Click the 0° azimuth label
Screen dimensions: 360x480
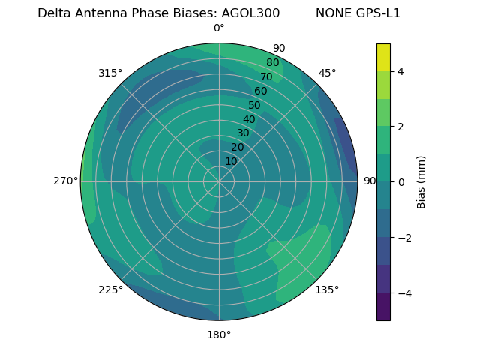click(x=219, y=28)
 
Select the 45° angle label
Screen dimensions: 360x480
click(x=328, y=73)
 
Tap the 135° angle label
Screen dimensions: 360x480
click(x=327, y=289)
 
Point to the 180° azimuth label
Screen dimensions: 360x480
click(x=219, y=334)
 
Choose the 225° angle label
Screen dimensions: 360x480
click(x=110, y=289)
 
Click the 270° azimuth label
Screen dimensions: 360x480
click(x=65, y=181)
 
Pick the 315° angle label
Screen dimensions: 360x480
click(x=110, y=73)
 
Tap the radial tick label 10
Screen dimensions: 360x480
click(x=231, y=161)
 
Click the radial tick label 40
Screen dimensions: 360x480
click(x=249, y=119)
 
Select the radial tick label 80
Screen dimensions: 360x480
click(x=272, y=63)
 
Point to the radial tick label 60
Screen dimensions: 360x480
click(x=260, y=91)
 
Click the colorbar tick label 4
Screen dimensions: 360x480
click(x=400, y=71)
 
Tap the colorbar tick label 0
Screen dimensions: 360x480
click(x=400, y=182)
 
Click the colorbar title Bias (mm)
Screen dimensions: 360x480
click(x=421, y=182)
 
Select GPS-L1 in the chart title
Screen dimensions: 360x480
click(x=378, y=13)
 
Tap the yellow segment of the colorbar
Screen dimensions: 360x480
click(x=383, y=57)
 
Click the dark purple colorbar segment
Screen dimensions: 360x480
click(x=383, y=306)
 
